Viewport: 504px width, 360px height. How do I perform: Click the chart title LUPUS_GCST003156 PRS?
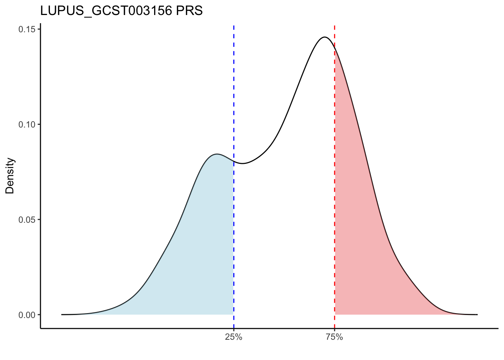(x=121, y=11)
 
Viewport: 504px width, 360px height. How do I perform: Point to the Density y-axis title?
(x=10, y=175)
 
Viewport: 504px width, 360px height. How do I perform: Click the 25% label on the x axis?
(x=234, y=337)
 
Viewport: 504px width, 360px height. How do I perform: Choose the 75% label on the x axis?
(x=334, y=337)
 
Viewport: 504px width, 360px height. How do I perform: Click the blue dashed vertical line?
(x=234, y=94)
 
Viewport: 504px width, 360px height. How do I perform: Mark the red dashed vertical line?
(x=334, y=187)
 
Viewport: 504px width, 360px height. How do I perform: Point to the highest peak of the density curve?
(x=324, y=37)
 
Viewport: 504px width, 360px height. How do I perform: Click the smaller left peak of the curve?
(x=217, y=154)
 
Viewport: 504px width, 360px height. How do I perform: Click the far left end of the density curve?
(x=62, y=314)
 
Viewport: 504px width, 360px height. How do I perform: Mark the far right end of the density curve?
(x=477, y=314)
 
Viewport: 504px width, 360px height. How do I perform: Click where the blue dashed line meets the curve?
(x=234, y=162)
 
